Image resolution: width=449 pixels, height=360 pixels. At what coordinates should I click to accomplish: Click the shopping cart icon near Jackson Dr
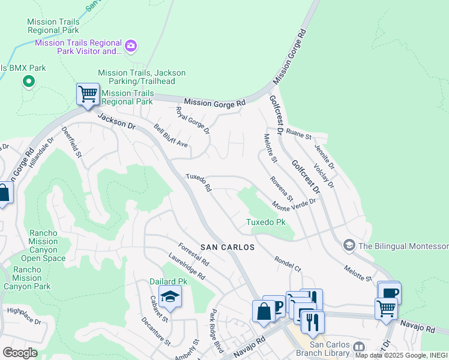(x=88, y=94)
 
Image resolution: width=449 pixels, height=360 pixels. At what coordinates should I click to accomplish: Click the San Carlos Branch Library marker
(x=359, y=347)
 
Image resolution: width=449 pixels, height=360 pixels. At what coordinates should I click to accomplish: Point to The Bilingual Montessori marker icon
(x=349, y=246)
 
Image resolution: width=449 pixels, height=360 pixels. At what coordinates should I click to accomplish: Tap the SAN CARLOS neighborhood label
(x=227, y=247)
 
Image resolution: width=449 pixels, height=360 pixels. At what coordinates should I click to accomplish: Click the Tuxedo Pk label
(x=266, y=223)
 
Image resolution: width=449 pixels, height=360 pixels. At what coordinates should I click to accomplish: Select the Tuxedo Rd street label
(x=198, y=183)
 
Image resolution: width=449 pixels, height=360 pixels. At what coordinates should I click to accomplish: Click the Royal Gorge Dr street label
(x=192, y=121)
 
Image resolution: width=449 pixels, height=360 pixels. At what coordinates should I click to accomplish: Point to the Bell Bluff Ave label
(x=171, y=137)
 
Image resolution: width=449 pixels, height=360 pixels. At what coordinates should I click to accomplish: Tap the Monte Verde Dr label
(x=294, y=206)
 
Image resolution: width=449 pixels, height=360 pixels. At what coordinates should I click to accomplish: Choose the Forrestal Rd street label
(x=193, y=254)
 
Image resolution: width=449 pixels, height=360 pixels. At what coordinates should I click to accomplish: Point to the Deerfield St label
(x=73, y=143)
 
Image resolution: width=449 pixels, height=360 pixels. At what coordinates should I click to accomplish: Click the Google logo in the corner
(x=20, y=353)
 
